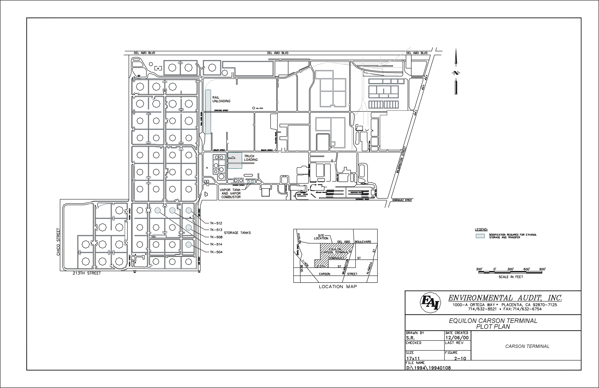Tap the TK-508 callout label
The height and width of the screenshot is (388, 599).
216,237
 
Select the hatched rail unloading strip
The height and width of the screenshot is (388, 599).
208,112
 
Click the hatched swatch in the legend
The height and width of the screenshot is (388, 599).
480,236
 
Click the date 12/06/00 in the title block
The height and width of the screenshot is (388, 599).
457,338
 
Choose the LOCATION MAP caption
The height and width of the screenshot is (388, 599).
338,287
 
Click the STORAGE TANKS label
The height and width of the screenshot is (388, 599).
237,233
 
